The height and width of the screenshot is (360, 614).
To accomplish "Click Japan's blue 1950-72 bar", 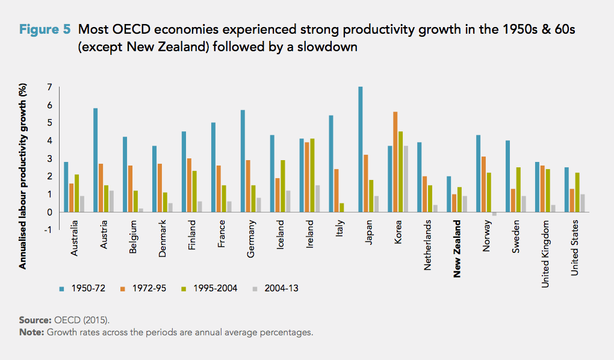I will tap(361, 149).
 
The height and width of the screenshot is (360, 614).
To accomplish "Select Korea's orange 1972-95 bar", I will tap(395, 162).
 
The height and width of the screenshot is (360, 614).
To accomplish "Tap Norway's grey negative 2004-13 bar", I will tap(494, 214).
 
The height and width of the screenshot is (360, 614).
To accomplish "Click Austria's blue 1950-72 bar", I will tap(96, 160).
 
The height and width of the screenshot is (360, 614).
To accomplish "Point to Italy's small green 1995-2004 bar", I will tap(341, 208).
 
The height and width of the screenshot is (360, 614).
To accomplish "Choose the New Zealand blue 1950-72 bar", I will tap(449, 194).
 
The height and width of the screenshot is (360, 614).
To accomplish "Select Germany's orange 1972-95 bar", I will tap(248, 186).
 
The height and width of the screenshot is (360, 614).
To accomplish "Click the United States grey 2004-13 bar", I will tap(583, 203).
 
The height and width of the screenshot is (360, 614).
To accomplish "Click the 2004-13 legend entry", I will tap(276, 288).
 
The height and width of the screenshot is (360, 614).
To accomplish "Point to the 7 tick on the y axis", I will tap(49, 88).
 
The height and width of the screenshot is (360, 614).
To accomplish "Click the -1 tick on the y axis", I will tap(48, 229).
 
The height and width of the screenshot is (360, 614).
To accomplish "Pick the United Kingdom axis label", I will tap(545, 253).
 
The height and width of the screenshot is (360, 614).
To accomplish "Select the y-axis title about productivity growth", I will tap(24, 177).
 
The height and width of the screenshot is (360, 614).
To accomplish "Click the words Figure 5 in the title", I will tap(46, 29).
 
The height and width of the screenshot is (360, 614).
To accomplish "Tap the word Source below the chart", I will tap(36, 320).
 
